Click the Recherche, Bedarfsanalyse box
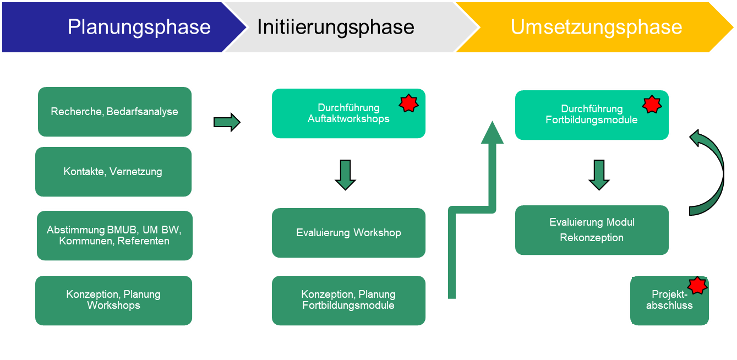(x=114, y=112)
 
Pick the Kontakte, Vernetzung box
(x=113, y=172)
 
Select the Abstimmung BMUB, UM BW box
(x=114, y=236)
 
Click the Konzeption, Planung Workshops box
(x=113, y=301)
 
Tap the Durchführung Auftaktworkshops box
(x=348, y=113)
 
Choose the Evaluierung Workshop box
(x=348, y=233)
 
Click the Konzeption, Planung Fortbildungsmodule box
(x=348, y=301)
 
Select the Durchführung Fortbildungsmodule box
(x=592, y=114)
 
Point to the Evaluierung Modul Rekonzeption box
(x=592, y=230)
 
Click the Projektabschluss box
(x=669, y=301)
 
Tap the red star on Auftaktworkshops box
(x=408, y=103)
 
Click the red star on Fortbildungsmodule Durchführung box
(x=652, y=103)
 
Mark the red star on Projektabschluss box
(x=697, y=285)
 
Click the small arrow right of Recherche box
(x=227, y=122)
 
